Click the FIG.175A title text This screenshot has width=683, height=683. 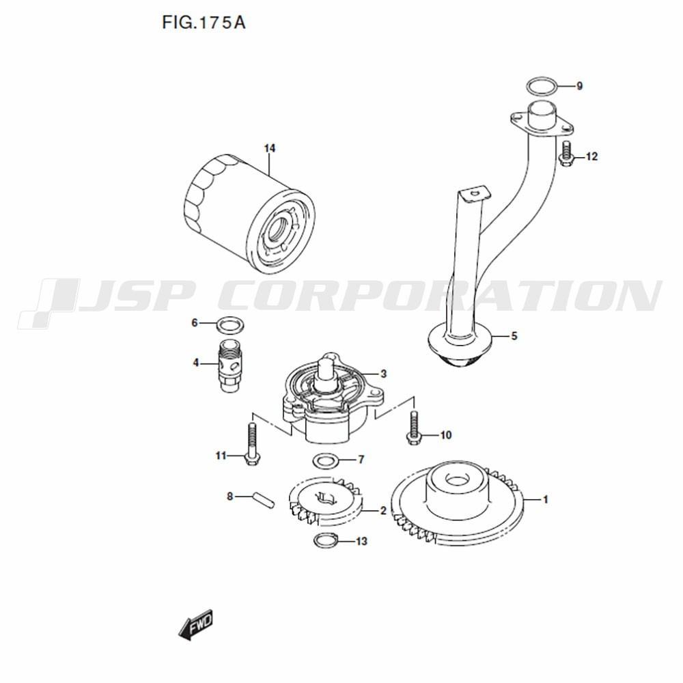(x=204, y=23)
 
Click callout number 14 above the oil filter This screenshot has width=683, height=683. (x=270, y=148)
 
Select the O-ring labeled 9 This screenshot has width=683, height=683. (x=542, y=86)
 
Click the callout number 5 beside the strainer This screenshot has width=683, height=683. (x=514, y=336)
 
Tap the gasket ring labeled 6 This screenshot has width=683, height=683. (x=230, y=324)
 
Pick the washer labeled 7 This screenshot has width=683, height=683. (x=325, y=461)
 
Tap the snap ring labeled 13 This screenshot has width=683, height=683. (x=326, y=541)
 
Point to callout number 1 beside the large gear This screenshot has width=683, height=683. (x=545, y=500)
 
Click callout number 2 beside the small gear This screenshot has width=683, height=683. (x=383, y=510)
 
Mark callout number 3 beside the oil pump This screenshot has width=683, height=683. (x=383, y=374)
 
